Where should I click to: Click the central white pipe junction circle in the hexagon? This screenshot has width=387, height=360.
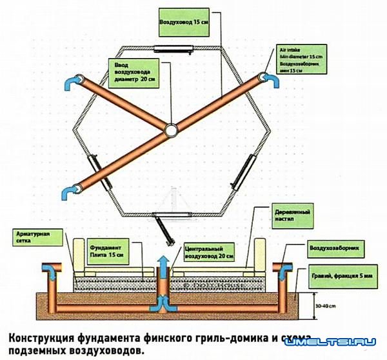point(171,130)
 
